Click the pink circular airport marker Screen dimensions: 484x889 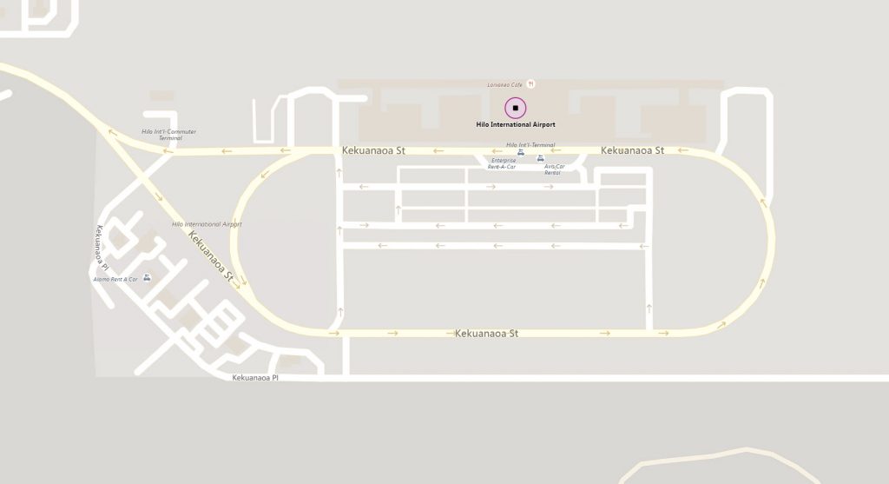pyautogui.click(x=516, y=109)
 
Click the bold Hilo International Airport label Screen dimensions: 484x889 pyautogui.click(x=516, y=124)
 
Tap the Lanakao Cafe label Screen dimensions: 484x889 pyautogui.click(x=505, y=84)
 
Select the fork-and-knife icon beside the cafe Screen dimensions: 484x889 pyautogui.click(x=531, y=83)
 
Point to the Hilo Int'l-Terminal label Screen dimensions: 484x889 pyautogui.click(x=530, y=144)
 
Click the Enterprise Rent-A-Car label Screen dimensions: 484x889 pyautogui.click(x=502, y=163)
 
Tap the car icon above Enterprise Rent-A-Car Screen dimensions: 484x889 pyautogui.click(x=520, y=153)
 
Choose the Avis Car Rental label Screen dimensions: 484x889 pyautogui.click(x=552, y=169)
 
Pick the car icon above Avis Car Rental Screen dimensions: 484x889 pyautogui.click(x=541, y=159)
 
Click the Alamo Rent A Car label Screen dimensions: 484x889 pyautogui.click(x=116, y=280)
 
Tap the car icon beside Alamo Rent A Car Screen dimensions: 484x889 pyautogui.click(x=147, y=277)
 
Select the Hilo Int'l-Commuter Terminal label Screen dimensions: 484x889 pyautogui.click(x=169, y=135)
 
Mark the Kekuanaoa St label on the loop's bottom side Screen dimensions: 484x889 pyautogui.click(x=486, y=333)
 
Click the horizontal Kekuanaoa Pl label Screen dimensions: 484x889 pyautogui.click(x=255, y=378)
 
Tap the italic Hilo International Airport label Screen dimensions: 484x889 pyautogui.click(x=207, y=224)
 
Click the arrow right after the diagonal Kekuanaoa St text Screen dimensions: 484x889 pyautogui.click(x=236, y=282)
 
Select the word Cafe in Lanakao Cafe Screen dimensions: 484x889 pyautogui.click(x=517, y=84)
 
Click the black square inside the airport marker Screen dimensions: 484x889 pyautogui.click(x=516, y=109)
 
